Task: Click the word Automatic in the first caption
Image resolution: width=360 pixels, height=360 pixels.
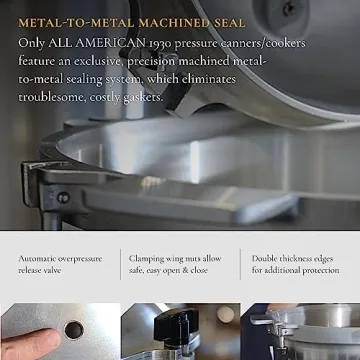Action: (39, 258)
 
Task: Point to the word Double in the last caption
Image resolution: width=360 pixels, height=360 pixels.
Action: (268, 258)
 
